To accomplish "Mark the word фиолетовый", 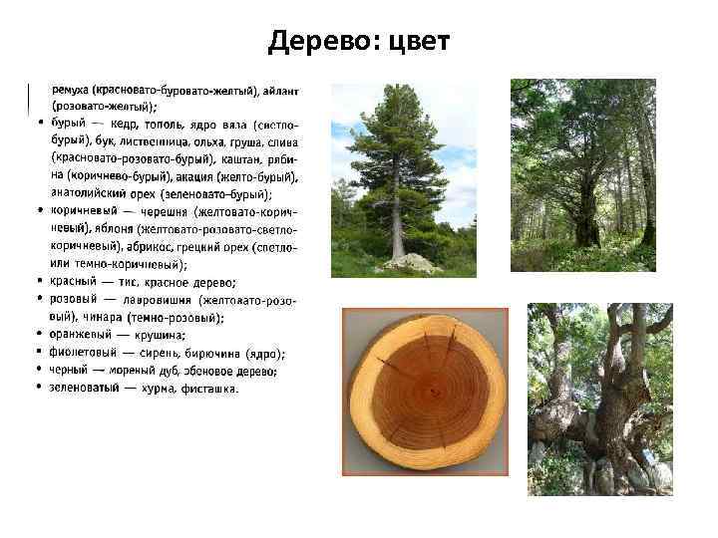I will (84, 353).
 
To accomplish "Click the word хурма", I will (155, 389).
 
